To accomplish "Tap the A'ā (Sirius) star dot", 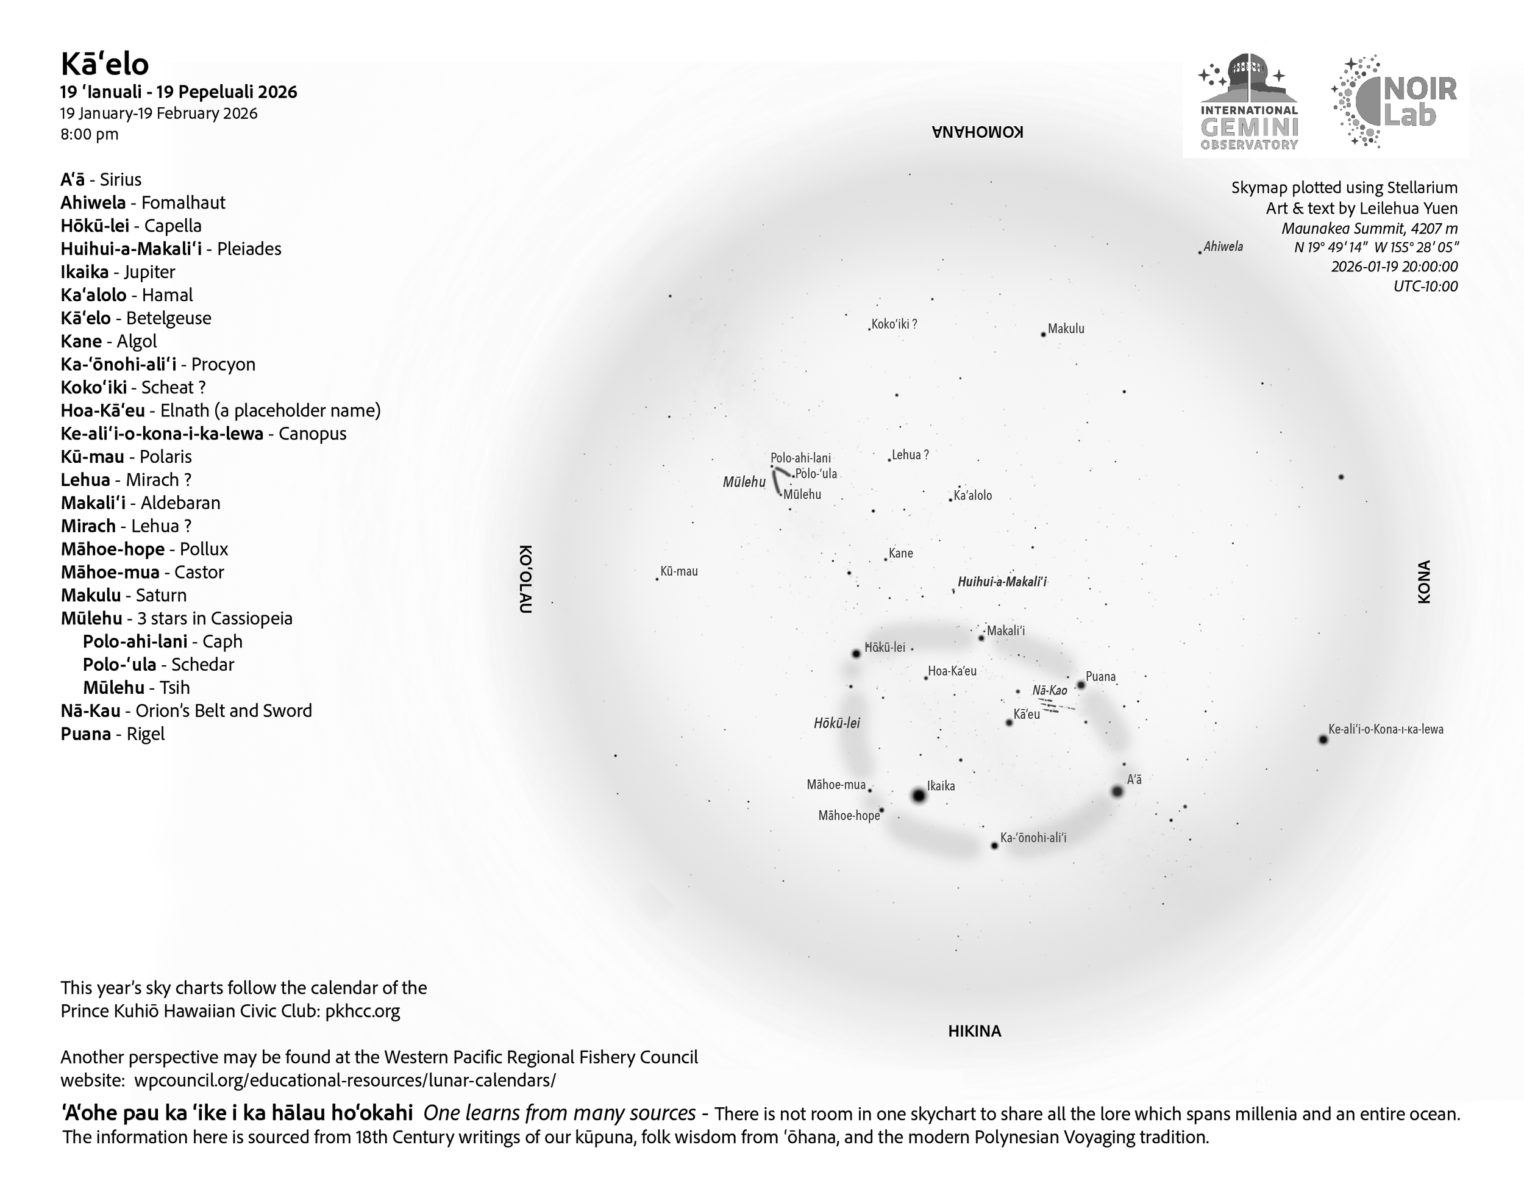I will tap(1117, 791).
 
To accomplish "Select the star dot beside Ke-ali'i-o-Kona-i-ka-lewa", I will tap(1323, 740).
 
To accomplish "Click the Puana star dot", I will tap(1081, 685).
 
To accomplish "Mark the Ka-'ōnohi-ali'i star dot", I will tap(994, 846).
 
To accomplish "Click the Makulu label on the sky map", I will tap(1066, 329).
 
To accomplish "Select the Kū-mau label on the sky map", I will tap(678, 571).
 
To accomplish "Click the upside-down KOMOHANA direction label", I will tap(978, 132).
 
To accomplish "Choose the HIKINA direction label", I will tap(974, 1030).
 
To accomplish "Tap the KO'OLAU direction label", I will tap(526, 579).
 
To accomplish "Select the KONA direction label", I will tap(1424, 581).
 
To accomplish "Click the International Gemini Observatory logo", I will tap(1248, 102).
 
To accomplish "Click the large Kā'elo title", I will tap(105, 64).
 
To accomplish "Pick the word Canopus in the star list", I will tap(312, 434).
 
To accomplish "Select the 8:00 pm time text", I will tap(90, 134).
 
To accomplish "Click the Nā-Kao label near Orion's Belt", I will tap(1050, 691).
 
